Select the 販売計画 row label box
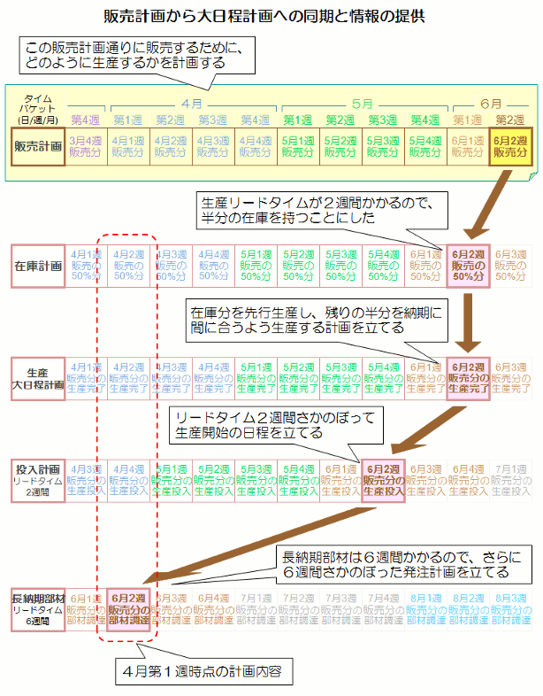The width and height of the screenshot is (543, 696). click(x=38, y=146)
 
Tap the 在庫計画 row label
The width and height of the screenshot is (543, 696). click(x=38, y=265)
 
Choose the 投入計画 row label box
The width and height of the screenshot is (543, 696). click(x=38, y=481)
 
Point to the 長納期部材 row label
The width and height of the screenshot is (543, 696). click(x=38, y=608)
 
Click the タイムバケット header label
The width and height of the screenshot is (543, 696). click(x=37, y=109)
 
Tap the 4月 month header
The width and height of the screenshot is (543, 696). click(x=192, y=103)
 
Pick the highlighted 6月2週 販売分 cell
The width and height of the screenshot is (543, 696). click(x=510, y=146)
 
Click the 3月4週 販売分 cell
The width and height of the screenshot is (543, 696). click(x=87, y=146)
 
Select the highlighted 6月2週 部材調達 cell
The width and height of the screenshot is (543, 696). click(x=128, y=608)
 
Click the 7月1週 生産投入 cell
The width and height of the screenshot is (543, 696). click(x=510, y=481)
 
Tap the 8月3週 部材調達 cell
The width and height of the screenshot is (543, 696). click(x=510, y=608)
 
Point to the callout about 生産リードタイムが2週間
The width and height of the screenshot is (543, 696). click(x=317, y=209)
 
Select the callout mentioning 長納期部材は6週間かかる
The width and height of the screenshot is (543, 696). click(x=402, y=563)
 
